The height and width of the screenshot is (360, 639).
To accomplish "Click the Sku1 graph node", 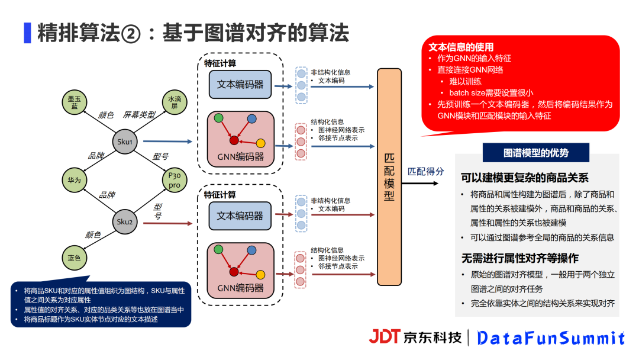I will pyautogui.click(x=125, y=142).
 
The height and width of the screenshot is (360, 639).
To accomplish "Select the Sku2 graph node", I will pyautogui.click(x=125, y=221).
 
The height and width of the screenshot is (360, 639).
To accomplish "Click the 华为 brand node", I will pyautogui.click(x=74, y=180).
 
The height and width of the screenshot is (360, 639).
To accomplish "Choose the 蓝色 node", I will pyautogui.click(x=74, y=258).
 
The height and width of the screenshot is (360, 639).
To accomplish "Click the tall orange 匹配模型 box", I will pyautogui.click(x=389, y=176).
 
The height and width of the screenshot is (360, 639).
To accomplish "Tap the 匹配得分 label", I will pyautogui.click(x=426, y=171).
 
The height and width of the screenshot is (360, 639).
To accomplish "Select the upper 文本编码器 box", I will pyautogui.click(x=240, y=84).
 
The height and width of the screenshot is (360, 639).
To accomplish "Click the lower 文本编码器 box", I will pyautogui.click(x=240, y=216).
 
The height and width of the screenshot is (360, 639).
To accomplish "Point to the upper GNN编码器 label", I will pyautogui.click(x=240, y=157).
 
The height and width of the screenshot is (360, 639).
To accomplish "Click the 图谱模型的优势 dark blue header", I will pyautogui.click(x=536, y=153).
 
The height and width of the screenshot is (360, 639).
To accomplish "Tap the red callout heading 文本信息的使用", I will pyautogui.click(x=461, y=47).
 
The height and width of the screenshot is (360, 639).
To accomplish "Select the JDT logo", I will pyautogui.click(x=385, y=336).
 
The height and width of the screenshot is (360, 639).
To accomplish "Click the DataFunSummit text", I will pyautogui.click(x=551, y=338).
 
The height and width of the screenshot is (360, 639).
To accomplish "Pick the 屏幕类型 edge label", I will pyautogui.click(x=139, y=115).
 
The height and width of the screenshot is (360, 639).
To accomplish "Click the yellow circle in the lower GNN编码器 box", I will pyautogui.click(x=260, y=274).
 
